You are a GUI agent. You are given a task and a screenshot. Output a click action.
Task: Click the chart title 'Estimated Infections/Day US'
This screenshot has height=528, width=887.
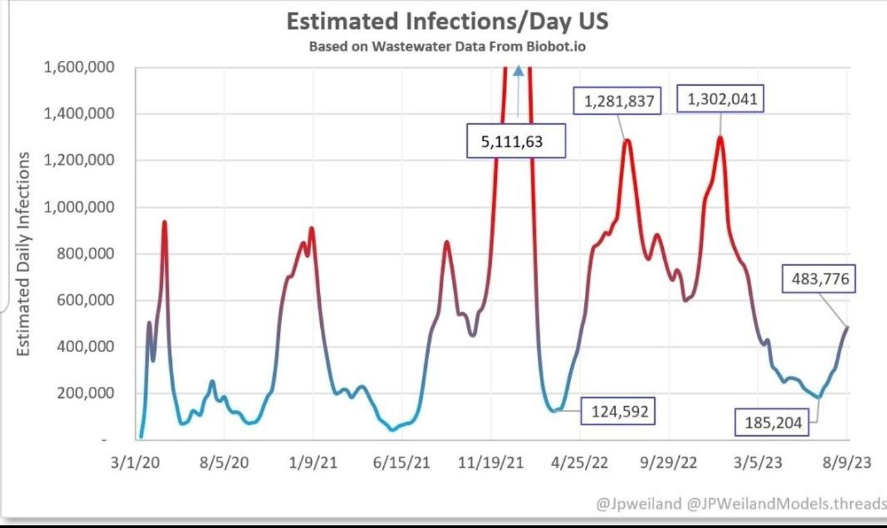tap(448, 21)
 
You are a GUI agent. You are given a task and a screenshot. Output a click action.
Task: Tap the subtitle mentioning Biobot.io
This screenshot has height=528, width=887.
tap(448, 47)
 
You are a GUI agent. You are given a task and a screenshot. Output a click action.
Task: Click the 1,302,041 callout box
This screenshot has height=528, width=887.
tap(722, 100)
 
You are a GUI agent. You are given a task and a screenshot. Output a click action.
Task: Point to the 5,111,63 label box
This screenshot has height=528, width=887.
tap(516, 143)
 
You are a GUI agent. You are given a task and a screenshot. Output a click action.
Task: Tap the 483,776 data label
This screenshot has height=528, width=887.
tap(820, 280)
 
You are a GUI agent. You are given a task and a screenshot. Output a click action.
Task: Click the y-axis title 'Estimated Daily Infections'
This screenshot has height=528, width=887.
tap(24, 253)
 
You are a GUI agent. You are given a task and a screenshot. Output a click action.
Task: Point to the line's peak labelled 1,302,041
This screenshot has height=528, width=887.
tap(721, 138)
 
